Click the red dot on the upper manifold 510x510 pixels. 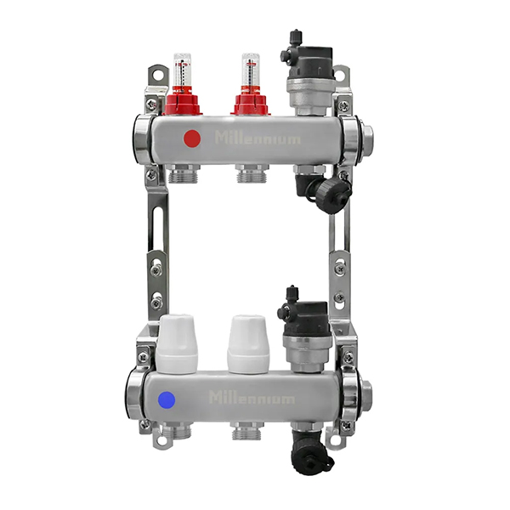click(192, 139)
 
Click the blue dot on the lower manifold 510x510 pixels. click(167, 400)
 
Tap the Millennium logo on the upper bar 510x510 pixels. click(257, 138)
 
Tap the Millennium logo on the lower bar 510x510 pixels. click(252, 398)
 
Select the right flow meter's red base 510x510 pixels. click(249, 102)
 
